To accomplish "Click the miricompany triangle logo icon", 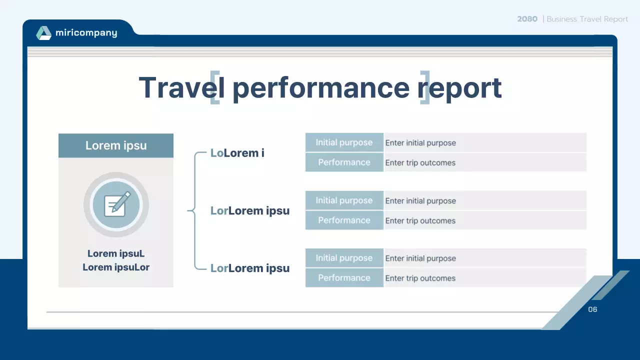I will (44, 33).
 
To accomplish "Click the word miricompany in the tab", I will (86, 33).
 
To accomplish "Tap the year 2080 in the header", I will (527, 19).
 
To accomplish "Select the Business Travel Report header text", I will (587, 19).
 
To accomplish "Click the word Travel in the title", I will (177, 87).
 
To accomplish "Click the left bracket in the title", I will (214, 87).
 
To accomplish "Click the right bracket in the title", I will (425, 87).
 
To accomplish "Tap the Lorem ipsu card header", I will (116, 145).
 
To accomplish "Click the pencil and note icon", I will (116, 204).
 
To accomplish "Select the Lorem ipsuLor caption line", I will (116, 267).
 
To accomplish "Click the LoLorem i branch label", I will (237, 153).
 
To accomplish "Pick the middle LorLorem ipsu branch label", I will (249, 210).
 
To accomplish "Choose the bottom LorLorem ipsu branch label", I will (249, 268).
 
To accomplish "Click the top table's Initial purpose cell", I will (344, 142).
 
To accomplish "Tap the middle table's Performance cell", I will (344, 220).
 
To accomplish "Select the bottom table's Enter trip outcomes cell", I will (484, 278).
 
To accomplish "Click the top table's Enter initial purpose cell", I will (484, 142).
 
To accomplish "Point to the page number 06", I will (592, 309).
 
